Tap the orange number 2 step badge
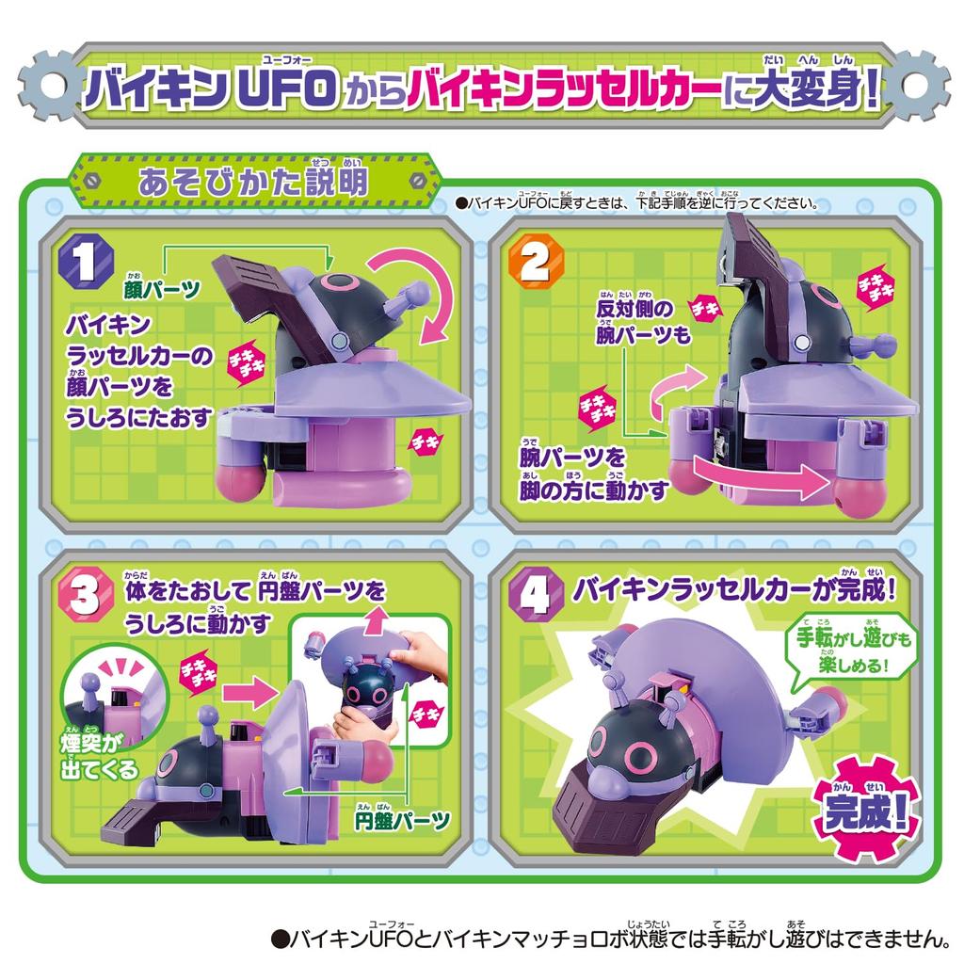533,265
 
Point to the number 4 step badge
533,595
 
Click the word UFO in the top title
285,91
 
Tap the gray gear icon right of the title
916,86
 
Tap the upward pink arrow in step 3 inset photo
377,619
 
